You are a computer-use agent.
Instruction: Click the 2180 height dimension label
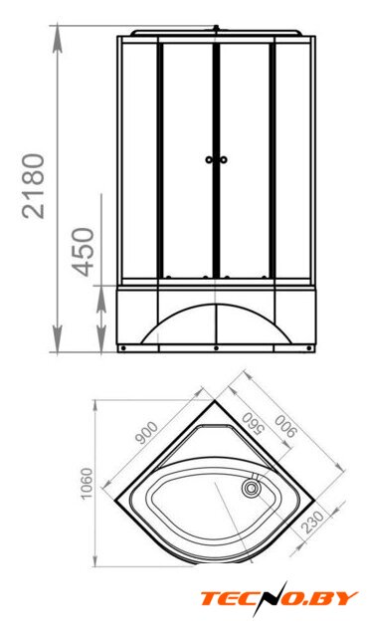point(33,186)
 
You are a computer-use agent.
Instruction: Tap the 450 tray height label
point(83,252)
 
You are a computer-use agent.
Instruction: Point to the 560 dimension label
point(252,424)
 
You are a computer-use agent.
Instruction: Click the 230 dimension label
point(313,522)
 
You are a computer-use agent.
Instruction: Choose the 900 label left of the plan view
point(146,433)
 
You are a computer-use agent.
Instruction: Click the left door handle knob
point(209,159)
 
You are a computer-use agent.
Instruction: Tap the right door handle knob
point(223,159)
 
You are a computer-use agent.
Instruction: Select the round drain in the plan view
point(252,488)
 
